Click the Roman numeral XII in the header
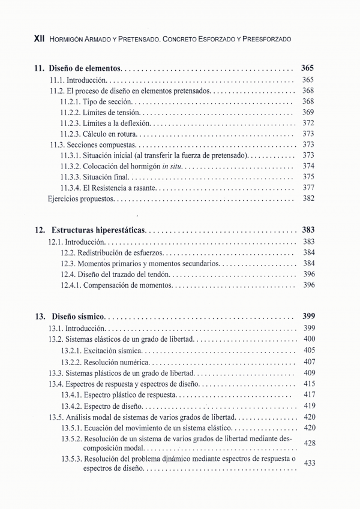(x=39, y=38)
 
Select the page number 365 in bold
(x=307, y=68)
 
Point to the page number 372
(x=308, y=123)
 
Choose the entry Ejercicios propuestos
(x=80, y=198)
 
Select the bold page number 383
(x=307, y=230)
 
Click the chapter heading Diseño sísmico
(x=78, y=316)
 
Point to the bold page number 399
(x=307, y=316)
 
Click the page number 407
(x=309, y=362)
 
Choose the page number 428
(x=310, y=443)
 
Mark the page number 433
(x=310, y=463)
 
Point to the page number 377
(x=308, y=188)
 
